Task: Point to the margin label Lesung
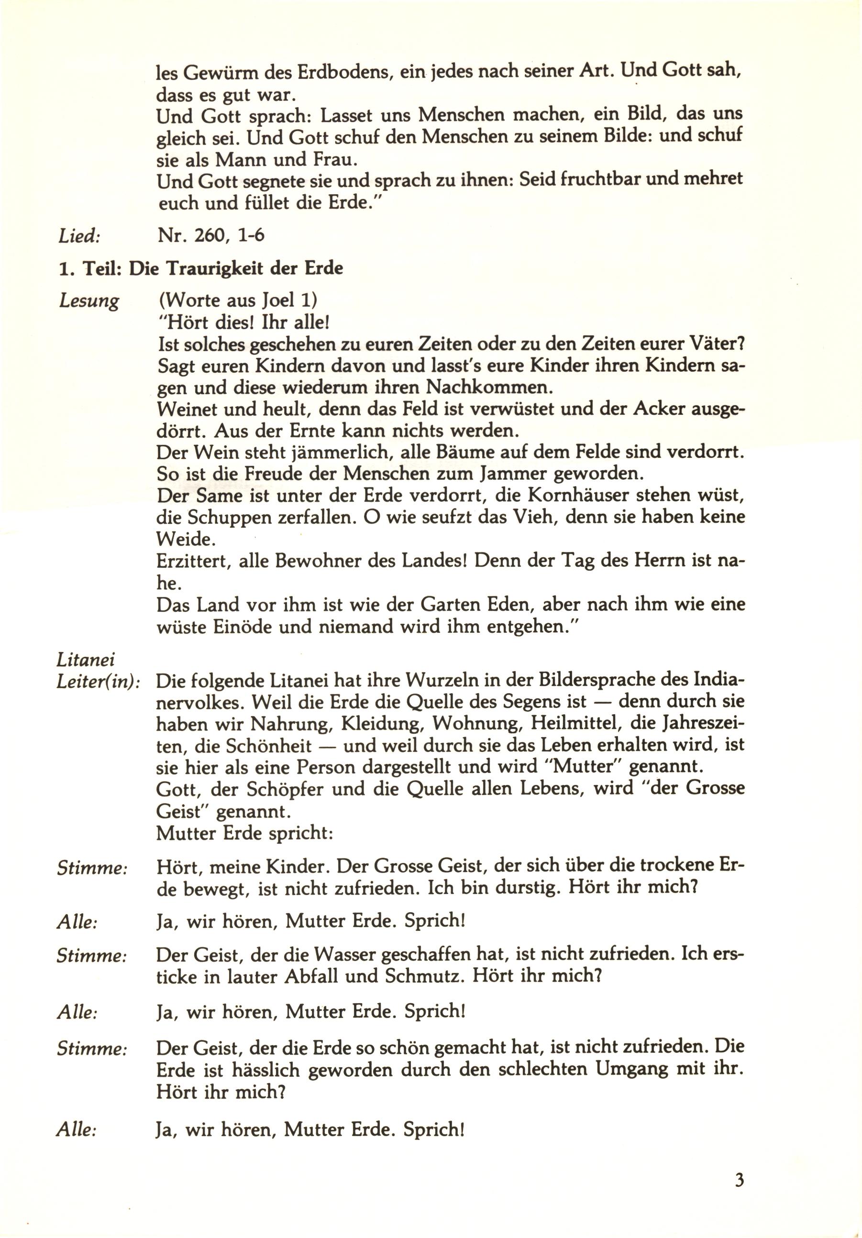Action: [x=88, y=301]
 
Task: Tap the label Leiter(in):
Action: [x=98, y=682]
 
